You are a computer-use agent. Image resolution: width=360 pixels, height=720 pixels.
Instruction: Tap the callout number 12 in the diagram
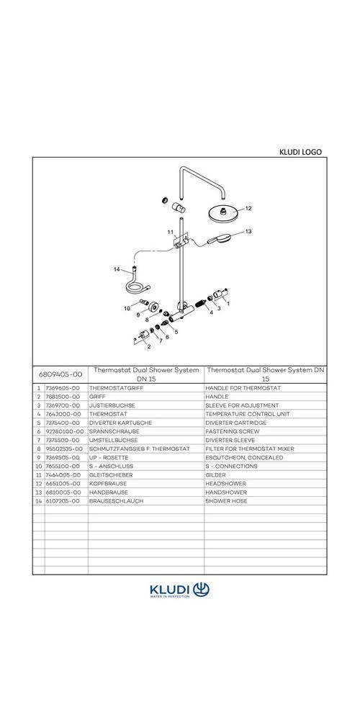point(248,208)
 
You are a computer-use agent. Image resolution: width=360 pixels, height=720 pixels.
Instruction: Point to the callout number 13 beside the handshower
point(248,231)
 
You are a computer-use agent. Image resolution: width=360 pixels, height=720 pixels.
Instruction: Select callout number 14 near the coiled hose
point(117,269)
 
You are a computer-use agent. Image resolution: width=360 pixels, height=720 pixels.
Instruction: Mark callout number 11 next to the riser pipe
point(171,233)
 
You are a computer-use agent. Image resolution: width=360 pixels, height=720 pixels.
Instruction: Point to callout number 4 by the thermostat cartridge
point(211,312)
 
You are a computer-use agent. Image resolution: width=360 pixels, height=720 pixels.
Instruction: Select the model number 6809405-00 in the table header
point(62,374)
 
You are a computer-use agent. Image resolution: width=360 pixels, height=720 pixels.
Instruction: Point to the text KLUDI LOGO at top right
point(300,152)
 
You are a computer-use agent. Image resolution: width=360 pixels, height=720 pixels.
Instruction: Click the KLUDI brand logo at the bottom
point(180,590)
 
